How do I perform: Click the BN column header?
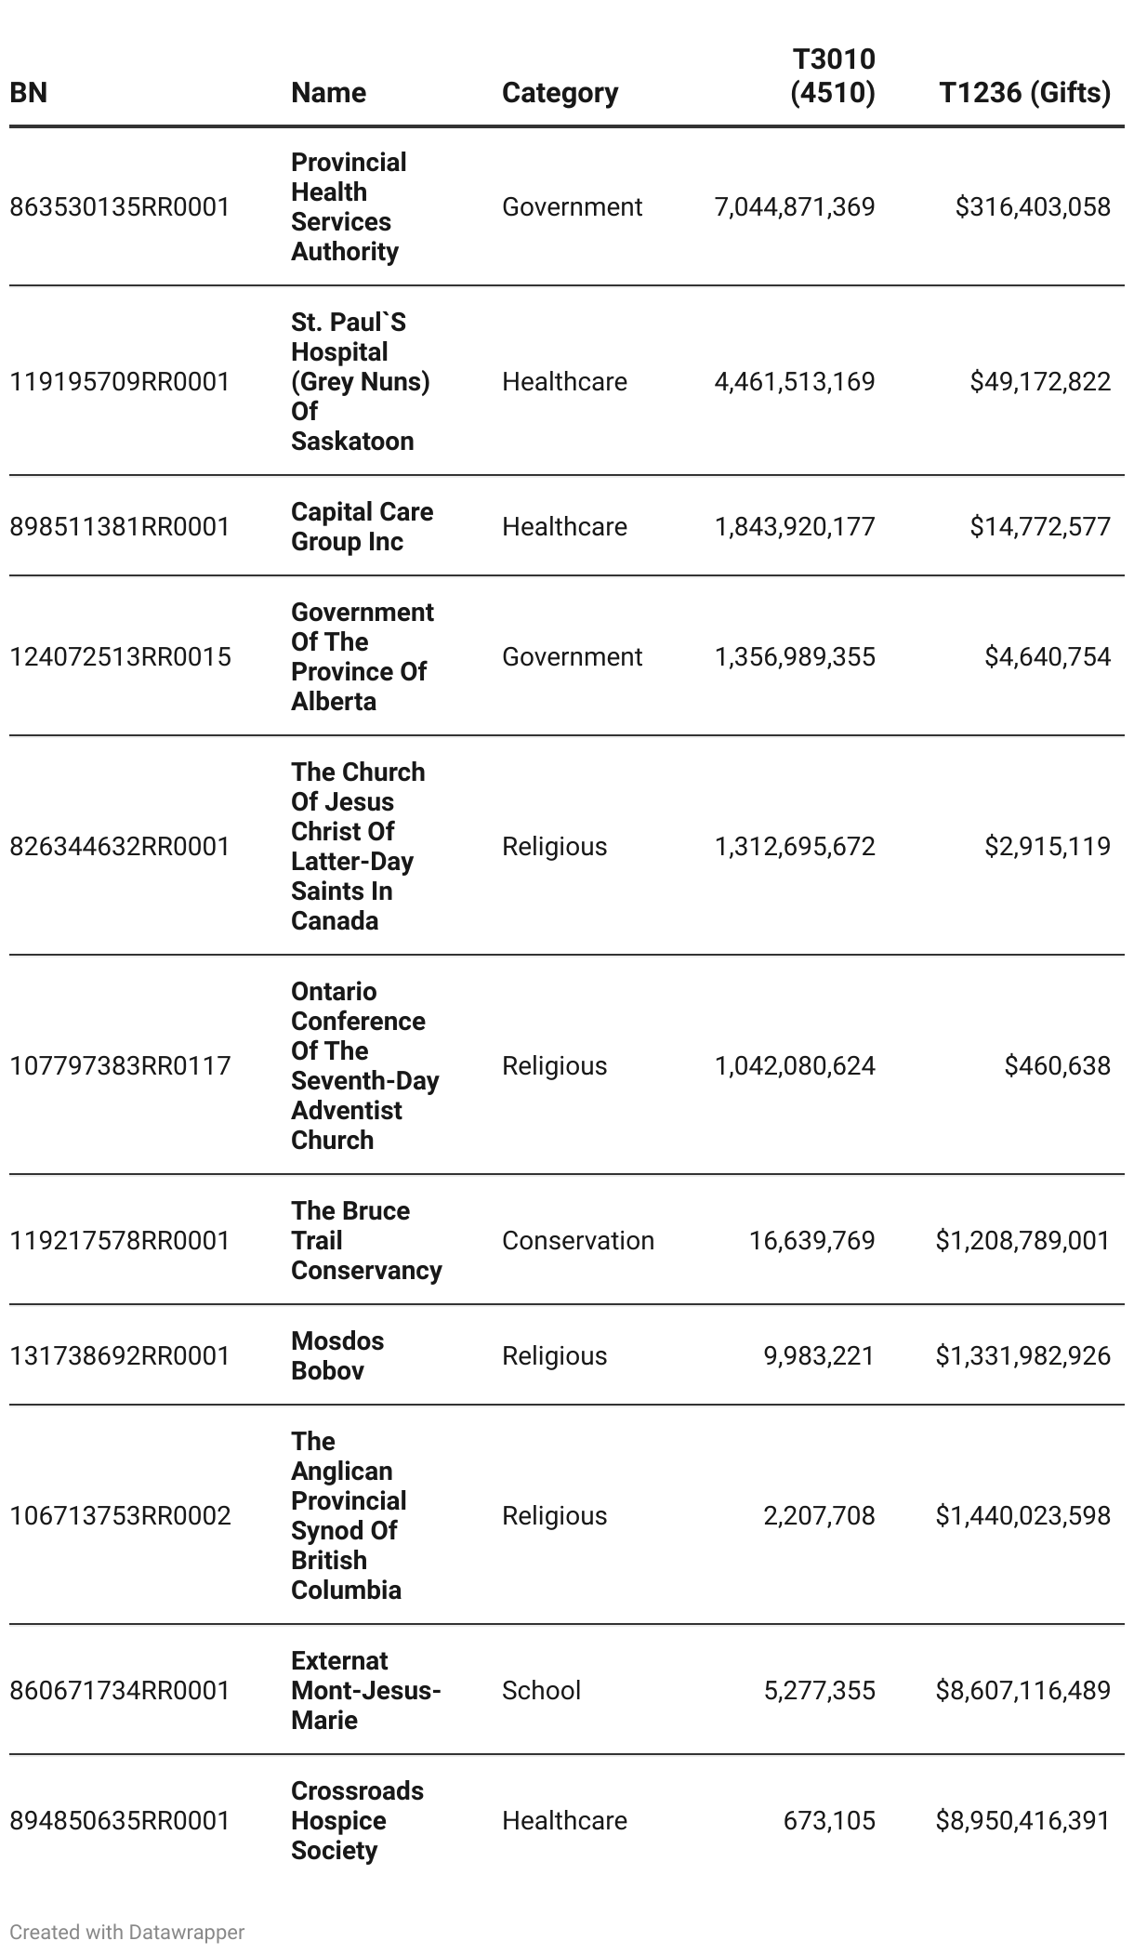coord(29,93)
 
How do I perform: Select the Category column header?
coord(560,93)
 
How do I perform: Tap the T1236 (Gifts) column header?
coord(1024,93)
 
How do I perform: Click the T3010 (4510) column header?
coord(833,76)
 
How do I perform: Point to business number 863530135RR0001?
coord(120,206)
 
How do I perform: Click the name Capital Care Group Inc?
coord(362,526)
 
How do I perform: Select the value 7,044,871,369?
coord(795,206)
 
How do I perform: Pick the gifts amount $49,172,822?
coord(1040,381)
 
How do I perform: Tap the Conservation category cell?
coord(578,1240)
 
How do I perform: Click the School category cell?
coord(541,1690)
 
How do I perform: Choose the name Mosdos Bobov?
coord(336,1355)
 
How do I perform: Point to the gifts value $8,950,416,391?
coord(1022,1820)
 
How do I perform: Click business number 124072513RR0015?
coord(120,656)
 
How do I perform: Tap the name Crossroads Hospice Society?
coord(357,1820)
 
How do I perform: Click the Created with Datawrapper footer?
coord(127,1932)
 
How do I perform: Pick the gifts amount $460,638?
coord(1057,1065)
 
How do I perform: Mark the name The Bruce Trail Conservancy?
coord(366,1240)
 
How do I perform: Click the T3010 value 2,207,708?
coord(819,1515)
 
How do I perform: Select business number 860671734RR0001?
coord(120,1690)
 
